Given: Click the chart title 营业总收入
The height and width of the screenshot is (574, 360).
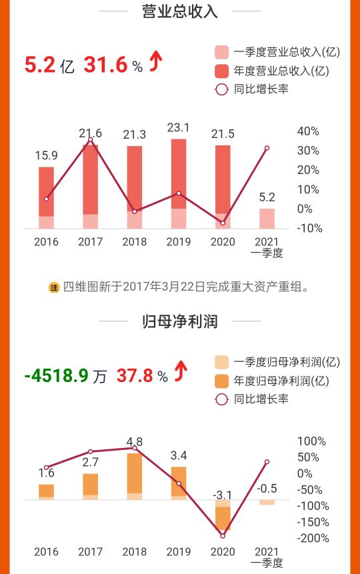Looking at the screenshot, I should pyautogui.click(x=180, y=11).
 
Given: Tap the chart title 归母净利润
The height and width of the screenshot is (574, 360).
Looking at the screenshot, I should pyautogui.click(x=180, y=321).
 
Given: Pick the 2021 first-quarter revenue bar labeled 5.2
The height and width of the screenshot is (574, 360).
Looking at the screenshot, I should pyautogui.click(x=267, y=218).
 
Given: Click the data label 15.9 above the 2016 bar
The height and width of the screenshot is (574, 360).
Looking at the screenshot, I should pyautogui.click(x=46, y=155).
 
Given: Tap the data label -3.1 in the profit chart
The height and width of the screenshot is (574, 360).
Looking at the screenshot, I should pyautogui.click(x=223, y=494).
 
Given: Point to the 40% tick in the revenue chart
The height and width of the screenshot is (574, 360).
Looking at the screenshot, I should pyautogui.click(x=309, y=131).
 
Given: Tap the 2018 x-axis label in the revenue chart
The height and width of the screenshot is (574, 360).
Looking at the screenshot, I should pyautogui.click(x=135, y=241).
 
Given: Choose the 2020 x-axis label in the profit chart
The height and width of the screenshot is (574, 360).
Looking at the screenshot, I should pyautogui.click(x=223, y=551).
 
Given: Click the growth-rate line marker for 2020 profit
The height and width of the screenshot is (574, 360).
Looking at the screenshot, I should pyautogui.click(x=223, y=535).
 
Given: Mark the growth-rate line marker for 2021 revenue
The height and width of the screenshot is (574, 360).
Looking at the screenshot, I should pyautogui.click(x=267, y=148).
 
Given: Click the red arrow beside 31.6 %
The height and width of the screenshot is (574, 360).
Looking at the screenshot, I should pyautogui.click(x=155, y=63).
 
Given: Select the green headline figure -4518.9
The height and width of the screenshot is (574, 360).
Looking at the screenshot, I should pyautogui.click(x=57, y=375).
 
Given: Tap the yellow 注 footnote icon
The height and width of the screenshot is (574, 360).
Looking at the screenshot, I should pyautogui.click(x=54, y=287).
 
